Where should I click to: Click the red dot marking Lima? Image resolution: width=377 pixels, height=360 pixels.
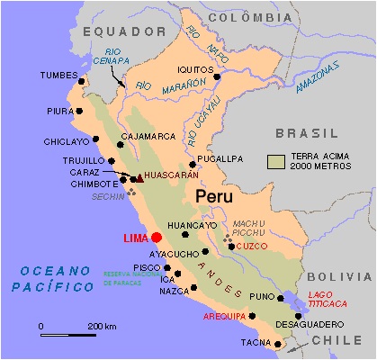pos(157,237)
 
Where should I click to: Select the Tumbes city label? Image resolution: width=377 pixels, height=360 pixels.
pos(59,76)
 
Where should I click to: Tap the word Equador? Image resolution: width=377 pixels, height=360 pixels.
pos(112,31)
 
